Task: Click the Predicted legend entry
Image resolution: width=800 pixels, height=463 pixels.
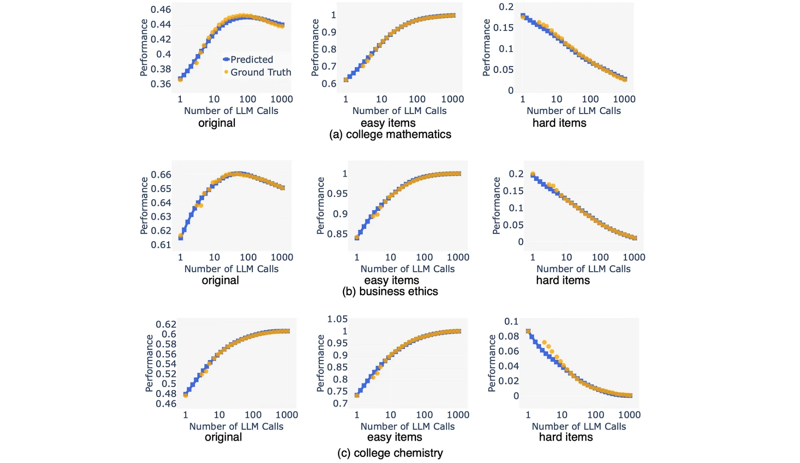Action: (252, 60)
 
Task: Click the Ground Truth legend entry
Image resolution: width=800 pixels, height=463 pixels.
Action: (260, 72)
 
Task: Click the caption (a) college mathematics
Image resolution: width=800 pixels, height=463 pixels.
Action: (390, 135)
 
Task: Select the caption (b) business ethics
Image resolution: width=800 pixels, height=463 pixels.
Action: (390, 292)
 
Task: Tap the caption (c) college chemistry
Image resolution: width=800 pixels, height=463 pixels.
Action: (390, 453)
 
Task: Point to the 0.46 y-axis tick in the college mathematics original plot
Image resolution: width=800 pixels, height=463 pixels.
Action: (161, 9)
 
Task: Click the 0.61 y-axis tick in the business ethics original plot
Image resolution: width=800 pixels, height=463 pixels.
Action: (161, 245)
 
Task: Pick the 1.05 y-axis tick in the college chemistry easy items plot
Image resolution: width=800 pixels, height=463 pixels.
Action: (337, 319)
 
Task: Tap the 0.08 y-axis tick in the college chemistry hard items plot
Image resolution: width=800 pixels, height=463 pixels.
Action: (509, 336)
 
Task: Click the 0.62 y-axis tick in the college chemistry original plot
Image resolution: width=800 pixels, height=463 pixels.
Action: (166, 324)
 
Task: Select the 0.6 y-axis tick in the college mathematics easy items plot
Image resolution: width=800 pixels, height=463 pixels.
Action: (329, 84)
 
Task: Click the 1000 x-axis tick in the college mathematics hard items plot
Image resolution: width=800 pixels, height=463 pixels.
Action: (624, 99)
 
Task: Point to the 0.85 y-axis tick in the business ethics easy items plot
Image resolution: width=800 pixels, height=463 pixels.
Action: (337, 234)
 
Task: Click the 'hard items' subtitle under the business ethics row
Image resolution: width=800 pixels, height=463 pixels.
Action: (563, 280)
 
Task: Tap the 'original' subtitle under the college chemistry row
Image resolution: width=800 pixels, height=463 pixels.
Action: (223, 437)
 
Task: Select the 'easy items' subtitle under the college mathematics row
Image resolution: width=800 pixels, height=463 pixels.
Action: (388, 123)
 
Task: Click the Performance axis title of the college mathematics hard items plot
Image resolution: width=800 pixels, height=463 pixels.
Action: (486, 48)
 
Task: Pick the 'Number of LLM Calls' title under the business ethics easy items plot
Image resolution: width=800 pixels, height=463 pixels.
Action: (407, 269)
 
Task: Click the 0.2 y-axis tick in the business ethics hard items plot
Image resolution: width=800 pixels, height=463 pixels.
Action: (516, 174)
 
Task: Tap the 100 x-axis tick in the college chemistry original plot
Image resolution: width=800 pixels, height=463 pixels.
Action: (253, 415)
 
